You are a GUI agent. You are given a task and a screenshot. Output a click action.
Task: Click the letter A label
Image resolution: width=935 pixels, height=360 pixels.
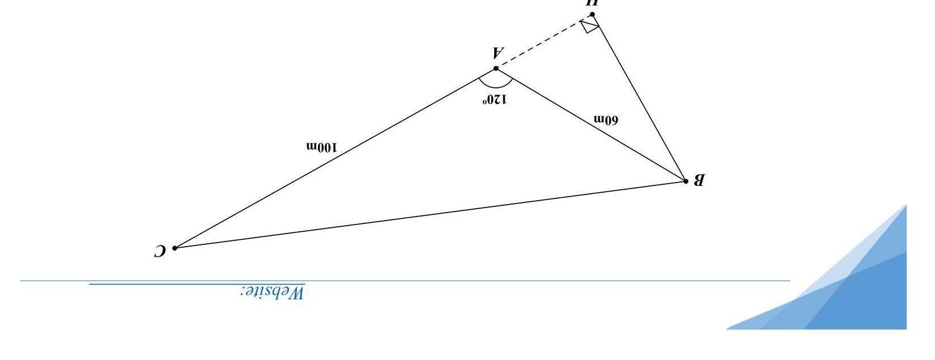[x=498, y=53]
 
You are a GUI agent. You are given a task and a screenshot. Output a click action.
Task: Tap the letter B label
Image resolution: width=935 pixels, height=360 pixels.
[x=699, y=180]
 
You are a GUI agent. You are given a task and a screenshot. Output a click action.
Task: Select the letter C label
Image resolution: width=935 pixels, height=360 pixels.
[x=160, y=251]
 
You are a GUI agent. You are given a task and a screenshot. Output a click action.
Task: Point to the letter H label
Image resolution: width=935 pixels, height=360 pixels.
[x=592, y=3]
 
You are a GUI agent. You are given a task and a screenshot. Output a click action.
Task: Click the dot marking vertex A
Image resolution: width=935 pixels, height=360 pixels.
[x=496, y=69]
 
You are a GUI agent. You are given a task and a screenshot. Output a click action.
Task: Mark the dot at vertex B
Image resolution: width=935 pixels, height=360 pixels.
[x=686, y=181]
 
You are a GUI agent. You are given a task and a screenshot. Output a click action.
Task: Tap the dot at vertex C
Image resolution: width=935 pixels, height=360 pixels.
[x=175, y=248]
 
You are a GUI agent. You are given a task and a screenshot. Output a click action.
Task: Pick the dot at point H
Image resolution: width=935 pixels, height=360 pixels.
[x=592, y=15]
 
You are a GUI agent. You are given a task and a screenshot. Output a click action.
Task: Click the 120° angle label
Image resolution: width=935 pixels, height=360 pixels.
[x=495, y=100]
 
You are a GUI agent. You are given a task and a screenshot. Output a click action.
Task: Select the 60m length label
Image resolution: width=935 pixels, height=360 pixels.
[x=606, y=120]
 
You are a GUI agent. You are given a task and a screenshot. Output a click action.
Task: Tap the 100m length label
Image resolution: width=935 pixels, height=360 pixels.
[x=321, y=147]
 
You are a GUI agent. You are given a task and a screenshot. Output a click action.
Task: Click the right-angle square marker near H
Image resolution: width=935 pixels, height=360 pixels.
[x=589, y=26]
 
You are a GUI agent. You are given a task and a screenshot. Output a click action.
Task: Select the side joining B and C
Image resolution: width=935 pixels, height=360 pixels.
[x=431, y=214]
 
